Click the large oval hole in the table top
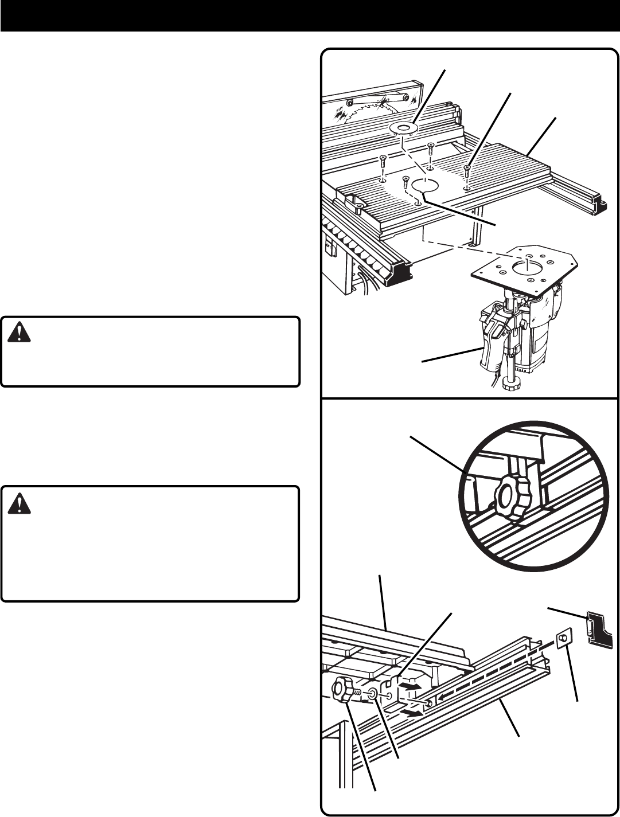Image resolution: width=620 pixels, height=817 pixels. pos(425,185)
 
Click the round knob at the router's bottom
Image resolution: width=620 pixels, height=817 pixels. pos(508,382)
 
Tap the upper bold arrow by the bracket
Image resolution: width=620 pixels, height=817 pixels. pos(410,686)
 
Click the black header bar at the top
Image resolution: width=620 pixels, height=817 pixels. pos(310,15)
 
